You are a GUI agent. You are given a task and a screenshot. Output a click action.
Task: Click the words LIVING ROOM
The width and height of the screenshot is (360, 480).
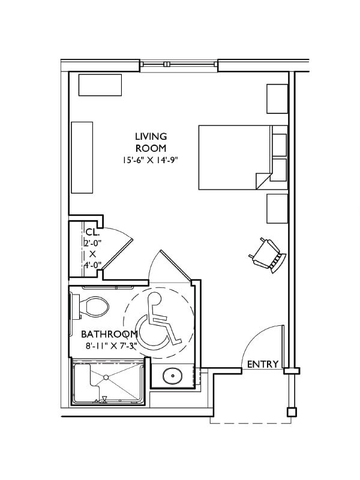pyautogui.click(x=151, y=142)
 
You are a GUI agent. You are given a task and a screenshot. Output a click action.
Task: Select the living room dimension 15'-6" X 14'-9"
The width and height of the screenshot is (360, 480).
pyautogui.click(x=151, y=160)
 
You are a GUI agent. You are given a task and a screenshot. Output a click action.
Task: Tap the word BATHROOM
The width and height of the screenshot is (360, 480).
pyautogui.click(x=109, y=334)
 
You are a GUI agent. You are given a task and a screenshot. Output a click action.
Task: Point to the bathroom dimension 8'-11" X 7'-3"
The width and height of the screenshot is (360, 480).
pyautogui.click(x=111, y=346)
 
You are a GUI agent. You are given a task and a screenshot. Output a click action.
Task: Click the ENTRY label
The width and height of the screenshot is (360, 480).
pyautogui.click(x=263, y=364)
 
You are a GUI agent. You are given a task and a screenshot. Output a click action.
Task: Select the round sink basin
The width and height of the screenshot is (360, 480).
pyautogui.click(x=172, y=376)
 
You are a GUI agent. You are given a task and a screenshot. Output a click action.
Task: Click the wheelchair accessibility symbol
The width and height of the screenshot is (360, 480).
pyautogui.click(x=158, y=322)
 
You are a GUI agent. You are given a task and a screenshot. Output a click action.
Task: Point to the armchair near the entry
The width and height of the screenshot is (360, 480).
pyautogui.click(x=268, y=254)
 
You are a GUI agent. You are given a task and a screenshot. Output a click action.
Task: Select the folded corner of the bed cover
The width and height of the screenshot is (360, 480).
pyautogui.click(x=262, y=179)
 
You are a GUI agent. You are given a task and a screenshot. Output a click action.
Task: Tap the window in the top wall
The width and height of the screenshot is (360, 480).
pyautogui.click(x=179, y=64)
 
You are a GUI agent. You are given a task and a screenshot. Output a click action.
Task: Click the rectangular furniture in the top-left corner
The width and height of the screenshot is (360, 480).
pyautogui.click(x=100, y=85)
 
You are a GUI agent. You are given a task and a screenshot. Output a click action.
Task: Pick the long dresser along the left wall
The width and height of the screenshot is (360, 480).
pyautogui.click(x=82, y=157)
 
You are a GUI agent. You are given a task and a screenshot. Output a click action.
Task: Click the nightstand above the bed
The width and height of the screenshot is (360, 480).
pyautogui.click(x=277, y=99)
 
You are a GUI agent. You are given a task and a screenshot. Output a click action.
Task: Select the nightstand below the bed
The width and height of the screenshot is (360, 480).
pyautogui.click(x=277, y=208)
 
